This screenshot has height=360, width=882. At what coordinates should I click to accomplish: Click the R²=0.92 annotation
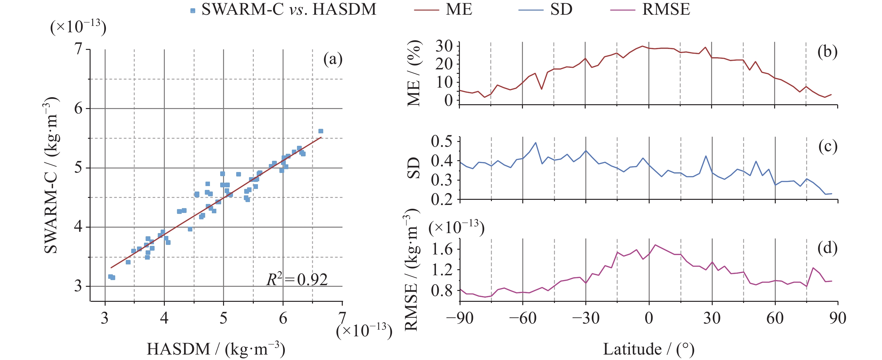[x=297, y=279]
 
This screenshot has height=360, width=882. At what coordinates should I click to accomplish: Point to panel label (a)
[x=333, y=59]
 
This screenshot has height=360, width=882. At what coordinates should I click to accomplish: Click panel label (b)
[x=827, y=52]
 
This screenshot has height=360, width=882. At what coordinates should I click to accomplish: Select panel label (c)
[x=828, y=146]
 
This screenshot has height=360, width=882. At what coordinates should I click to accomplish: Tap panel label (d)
[x=827, y=248]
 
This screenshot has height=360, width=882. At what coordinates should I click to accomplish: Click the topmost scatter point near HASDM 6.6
[x=321, y=131]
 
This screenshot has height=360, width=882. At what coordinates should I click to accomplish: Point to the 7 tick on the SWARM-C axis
[x=79, y=49]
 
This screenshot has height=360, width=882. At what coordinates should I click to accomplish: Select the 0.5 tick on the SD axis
[x=441, y=141]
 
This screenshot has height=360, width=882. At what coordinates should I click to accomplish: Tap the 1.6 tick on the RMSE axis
[x=441, y=249]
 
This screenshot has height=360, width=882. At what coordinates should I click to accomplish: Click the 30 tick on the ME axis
[x=444, y=46]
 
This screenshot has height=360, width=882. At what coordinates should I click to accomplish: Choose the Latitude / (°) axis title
[x=648, y=349]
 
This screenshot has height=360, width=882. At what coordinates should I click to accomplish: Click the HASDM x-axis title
[x=216, y=349]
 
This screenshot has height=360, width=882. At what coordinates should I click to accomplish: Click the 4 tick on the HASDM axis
[x=164, y=318]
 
